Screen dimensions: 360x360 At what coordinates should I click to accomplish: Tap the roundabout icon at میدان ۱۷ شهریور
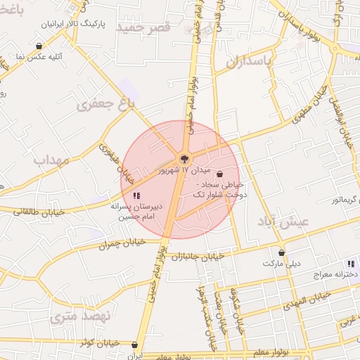click(184, 159)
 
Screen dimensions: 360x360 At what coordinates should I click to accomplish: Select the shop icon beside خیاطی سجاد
click(220, 174)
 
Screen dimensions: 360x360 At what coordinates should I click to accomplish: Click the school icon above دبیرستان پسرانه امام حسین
click(136, 195)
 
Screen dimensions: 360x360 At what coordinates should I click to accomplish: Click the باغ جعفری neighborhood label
click(105, 107)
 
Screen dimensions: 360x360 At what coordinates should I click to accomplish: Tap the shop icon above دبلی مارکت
click(281, 252)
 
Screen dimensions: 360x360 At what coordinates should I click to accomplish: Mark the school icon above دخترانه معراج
click(351, 264)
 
